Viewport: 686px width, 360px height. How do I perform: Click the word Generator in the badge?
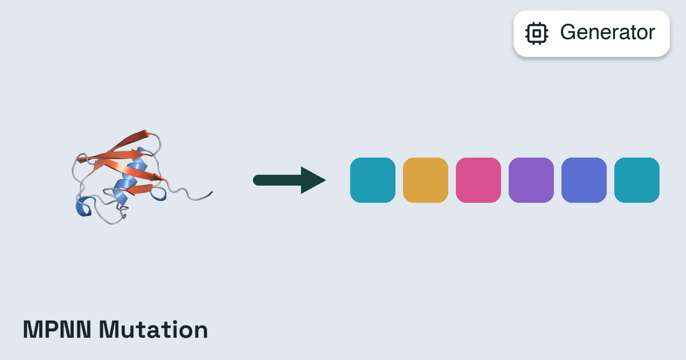point(608,32)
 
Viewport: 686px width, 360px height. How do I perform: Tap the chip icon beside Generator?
point(537,33)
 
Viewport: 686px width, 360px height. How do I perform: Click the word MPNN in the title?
point(57,330)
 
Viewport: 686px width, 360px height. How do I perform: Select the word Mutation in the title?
point(153,330)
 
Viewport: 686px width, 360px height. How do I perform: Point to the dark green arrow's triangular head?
point(312,181)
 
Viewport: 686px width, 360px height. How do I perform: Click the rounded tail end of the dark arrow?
point(257,181)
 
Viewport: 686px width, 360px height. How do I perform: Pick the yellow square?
point(425,181)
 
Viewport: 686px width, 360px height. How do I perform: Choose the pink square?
point(478,181)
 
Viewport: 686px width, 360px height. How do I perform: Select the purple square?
point(531,181)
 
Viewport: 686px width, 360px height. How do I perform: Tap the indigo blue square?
point(584,181)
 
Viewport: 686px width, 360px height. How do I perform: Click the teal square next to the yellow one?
point(373,181)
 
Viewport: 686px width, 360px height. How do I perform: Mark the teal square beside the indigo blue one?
point(637,181)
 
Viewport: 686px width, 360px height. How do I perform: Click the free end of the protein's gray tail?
point(212,192)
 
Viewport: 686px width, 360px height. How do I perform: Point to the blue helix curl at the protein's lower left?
point(83,207)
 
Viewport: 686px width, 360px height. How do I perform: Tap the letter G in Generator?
point(568,32)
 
